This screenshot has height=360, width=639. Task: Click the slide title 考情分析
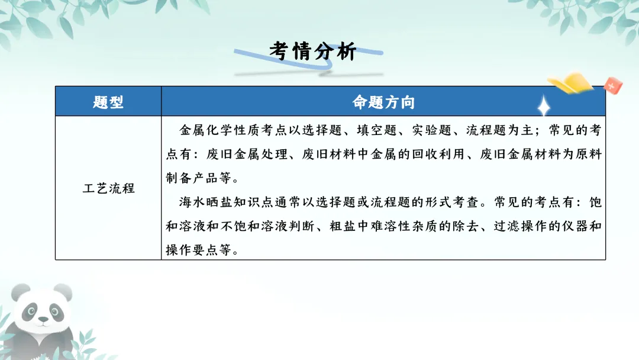313,52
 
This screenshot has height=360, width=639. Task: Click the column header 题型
108,102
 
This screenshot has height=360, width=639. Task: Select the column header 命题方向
383,102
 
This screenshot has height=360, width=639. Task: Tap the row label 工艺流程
108,188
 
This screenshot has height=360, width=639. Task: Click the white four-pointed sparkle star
542,106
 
